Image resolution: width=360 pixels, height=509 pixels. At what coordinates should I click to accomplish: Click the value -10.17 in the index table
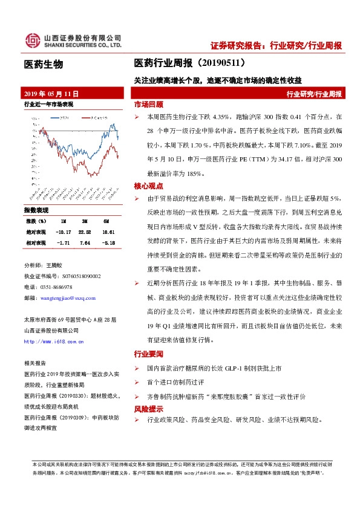coord(64,232)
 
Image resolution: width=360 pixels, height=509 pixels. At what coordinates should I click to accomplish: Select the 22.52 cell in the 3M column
coord(85,232)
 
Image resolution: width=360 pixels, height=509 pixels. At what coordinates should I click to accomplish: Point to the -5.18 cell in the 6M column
coord(108,242)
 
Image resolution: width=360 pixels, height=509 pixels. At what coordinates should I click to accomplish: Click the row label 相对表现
coord(35,242)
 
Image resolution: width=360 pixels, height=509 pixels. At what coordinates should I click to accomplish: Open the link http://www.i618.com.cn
coord(53,342)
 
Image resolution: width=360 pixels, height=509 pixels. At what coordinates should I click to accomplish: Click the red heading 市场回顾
coord(148,104)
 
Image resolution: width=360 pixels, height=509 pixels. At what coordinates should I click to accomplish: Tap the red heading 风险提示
coord(148,408)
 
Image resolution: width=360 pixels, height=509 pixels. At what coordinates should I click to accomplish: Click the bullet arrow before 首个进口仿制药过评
coord(137,382)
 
